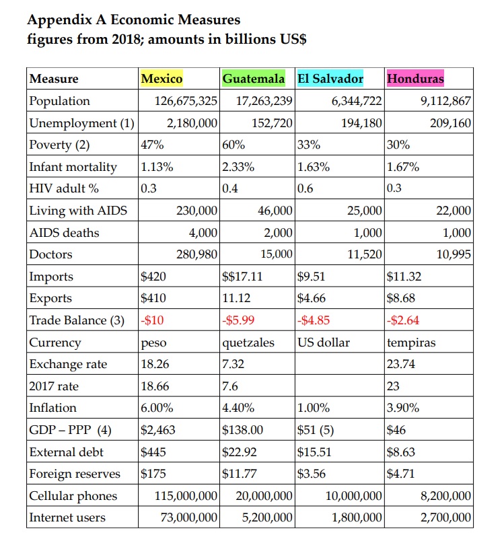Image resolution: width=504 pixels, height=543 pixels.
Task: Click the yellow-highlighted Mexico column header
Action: (x=161, y=79)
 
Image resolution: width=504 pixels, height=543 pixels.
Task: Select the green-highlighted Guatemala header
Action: (x=254, y=79)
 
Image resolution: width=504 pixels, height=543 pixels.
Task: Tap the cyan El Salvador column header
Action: (x=330, y=79)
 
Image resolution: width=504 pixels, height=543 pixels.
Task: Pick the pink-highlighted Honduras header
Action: (x=415, y=79)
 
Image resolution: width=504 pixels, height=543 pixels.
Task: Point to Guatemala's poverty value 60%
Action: (x=233, y=145)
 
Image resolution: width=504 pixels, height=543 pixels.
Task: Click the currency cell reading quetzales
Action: (x=248, y=342)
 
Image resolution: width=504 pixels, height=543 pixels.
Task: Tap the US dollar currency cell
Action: (x=324, y=342)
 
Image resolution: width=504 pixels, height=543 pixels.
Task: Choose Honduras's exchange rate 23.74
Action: (x=401, y=364)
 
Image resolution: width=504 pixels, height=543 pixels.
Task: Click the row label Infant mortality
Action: (x=73, y=167)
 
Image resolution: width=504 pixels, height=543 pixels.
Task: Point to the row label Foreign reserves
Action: (x=75, y=474)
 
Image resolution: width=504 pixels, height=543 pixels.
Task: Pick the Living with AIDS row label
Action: (x=78, y=211)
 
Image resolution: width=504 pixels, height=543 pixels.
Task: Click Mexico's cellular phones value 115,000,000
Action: (x=186, y=496)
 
